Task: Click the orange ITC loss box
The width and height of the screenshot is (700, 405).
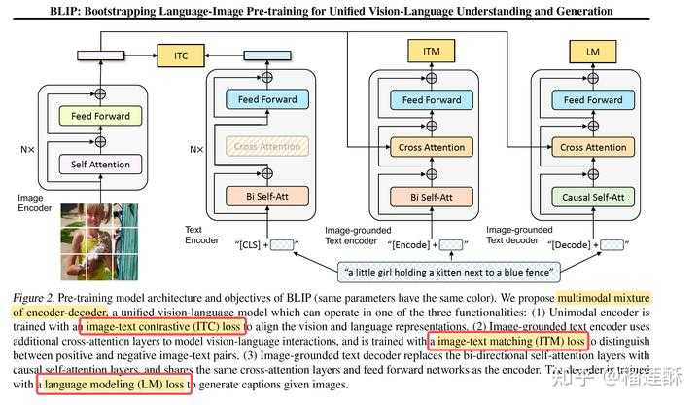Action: [x=182, y=55]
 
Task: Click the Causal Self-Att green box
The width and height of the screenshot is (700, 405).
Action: [x=592, y=196]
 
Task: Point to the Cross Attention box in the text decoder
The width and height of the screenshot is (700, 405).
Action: [x=592, y=147]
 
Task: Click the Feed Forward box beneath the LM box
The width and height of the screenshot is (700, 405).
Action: [x=592, y=99]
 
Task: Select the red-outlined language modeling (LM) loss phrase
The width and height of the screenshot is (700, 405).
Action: [x=114, y=386]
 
